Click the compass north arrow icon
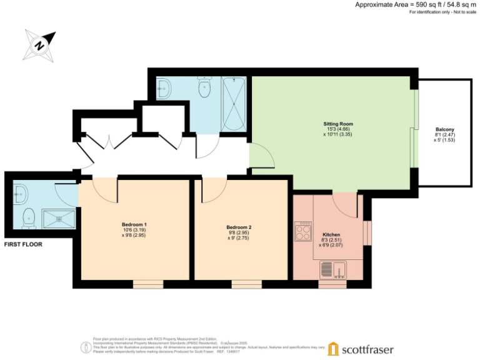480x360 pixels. [39, 45]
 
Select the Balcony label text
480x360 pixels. [445, 129]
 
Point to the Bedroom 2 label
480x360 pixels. [238, 227]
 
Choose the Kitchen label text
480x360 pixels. [331, 234]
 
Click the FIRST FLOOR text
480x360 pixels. [23, 244]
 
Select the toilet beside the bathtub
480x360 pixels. [204, 89]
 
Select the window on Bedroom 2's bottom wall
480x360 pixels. [242, 284]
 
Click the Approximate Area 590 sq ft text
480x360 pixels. [412, 4]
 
